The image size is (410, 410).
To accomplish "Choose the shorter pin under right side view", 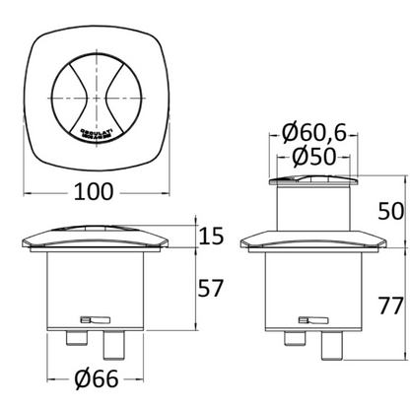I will pos(293,338).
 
